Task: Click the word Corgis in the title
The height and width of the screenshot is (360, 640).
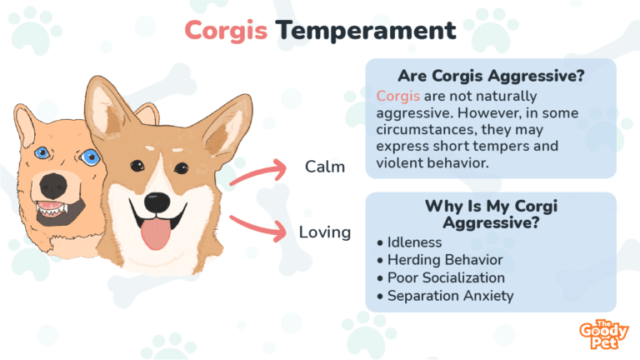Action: click(226, 31)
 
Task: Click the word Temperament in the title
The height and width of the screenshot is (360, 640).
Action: click(366, 31)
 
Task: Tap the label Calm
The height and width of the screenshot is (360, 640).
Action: click(325, 167)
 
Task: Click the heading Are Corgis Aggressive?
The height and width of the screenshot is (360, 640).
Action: click(490, 75)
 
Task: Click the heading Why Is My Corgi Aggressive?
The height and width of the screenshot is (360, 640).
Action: click(490, 215)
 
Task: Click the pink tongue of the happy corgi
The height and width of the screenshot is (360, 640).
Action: click(154, 234)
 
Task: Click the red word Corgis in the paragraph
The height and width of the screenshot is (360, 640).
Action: click(394, 96)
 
